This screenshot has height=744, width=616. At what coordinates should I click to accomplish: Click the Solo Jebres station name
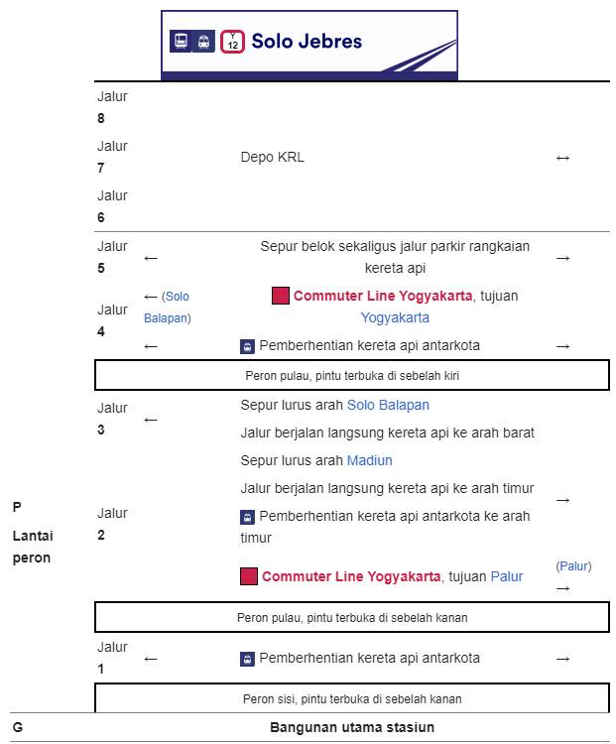[x=307, y=42]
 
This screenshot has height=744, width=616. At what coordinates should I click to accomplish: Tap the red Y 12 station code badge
[x=232, y=42]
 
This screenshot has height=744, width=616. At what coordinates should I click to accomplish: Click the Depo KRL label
[x=273, y=157]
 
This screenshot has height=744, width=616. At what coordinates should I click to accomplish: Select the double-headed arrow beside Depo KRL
[x=562, y=158]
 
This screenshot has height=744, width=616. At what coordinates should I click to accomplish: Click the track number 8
[x=101, y=118]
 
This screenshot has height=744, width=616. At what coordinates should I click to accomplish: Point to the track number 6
[x=101, y=217]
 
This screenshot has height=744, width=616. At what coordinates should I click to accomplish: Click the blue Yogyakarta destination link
[x=395, y=317]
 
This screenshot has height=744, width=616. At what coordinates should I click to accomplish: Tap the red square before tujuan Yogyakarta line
[x=281, y=296]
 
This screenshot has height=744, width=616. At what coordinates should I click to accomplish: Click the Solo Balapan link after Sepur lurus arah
[x=388, y=405]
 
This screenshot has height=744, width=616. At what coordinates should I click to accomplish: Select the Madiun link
[x=370, y=460]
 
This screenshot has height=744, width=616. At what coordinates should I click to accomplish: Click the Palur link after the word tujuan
[x=506, y=576]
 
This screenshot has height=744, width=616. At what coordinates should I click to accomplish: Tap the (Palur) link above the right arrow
[x=573, y=566]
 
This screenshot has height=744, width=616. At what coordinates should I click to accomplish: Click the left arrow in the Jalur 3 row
[x=151, y=420]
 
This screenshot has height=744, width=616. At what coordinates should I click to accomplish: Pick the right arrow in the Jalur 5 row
[x=562, y=258]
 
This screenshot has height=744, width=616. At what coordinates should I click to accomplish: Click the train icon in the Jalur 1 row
[x=247, y=659]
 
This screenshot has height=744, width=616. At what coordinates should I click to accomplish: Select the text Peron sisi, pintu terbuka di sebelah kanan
[x=352, y=699]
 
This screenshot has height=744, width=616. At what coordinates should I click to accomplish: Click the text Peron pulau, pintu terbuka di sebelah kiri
[x=352, y=376]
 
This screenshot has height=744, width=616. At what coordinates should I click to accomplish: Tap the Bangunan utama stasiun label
[x=352, y=727]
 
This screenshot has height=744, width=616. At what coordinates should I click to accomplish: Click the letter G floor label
[x=18, y=727]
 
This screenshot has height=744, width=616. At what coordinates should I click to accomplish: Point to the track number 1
[x=100, y=669]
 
